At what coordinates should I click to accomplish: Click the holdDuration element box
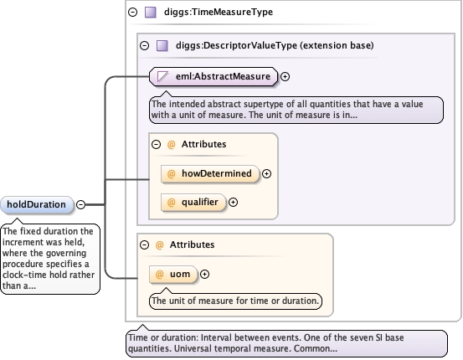(x=37, y=204)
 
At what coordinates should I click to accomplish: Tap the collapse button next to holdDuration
(x=80, y=204)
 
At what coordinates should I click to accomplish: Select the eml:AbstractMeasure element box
(x=213, y=76)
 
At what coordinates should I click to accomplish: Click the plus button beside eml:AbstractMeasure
(x=285, y=76)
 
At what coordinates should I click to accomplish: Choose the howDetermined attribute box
(x=210, y=173)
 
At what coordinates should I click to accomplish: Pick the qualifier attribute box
(x=193, y=203)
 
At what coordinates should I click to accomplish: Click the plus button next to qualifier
(x=234, y=203)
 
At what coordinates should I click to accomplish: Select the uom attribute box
(x=173, y=275)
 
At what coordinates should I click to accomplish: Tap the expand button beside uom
(x=204, y=275)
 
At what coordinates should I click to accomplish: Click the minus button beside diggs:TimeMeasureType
(x=133, y=12)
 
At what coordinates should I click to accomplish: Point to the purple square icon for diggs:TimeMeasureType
(x=151, y=13)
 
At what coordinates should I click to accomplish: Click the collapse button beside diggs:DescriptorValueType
(x=144, y=45)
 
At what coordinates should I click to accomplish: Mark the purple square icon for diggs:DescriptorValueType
(x=162, y=46)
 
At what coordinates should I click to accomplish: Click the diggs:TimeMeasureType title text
(x=219, y=12)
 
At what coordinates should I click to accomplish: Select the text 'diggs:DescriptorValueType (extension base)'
(x=275, y=45)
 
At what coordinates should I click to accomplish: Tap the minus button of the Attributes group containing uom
(x=144, y=244)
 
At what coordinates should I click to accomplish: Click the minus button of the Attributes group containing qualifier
(x=157, y=144)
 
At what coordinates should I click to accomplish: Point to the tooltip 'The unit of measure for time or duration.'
(x=235, y=301)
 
